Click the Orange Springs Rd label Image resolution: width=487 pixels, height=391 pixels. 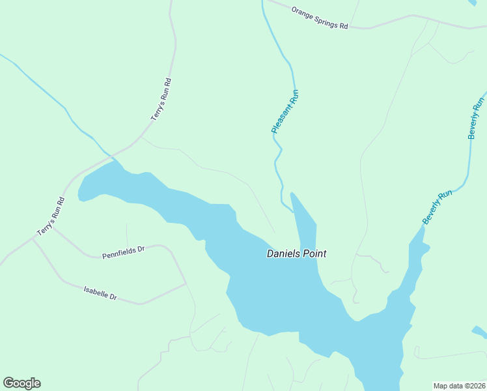click(x=320, y=18)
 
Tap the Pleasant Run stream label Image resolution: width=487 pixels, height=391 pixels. click(x=285, y=112)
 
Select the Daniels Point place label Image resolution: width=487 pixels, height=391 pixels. click(x=296, y=254)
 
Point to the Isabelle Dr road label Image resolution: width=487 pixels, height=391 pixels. click(x=100, y=293)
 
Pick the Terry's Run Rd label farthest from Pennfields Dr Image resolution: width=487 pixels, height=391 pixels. click(x=161, y=100)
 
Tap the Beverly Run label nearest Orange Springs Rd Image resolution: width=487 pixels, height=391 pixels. click(x=477, y=118)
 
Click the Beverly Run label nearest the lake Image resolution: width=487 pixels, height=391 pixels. click(x=437, y=208)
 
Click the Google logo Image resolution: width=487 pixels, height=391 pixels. click(x=21, y=383)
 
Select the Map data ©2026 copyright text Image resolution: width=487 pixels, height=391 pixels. click(x=459, y=386)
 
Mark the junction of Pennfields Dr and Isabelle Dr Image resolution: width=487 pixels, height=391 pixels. click(x=186, y=284)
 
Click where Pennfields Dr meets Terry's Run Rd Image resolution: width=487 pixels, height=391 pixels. click(x=53, y=227)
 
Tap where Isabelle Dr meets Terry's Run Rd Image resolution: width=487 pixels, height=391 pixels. click(x=33, y=239)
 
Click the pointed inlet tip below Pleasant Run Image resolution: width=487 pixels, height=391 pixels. click(x=292, y=194)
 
